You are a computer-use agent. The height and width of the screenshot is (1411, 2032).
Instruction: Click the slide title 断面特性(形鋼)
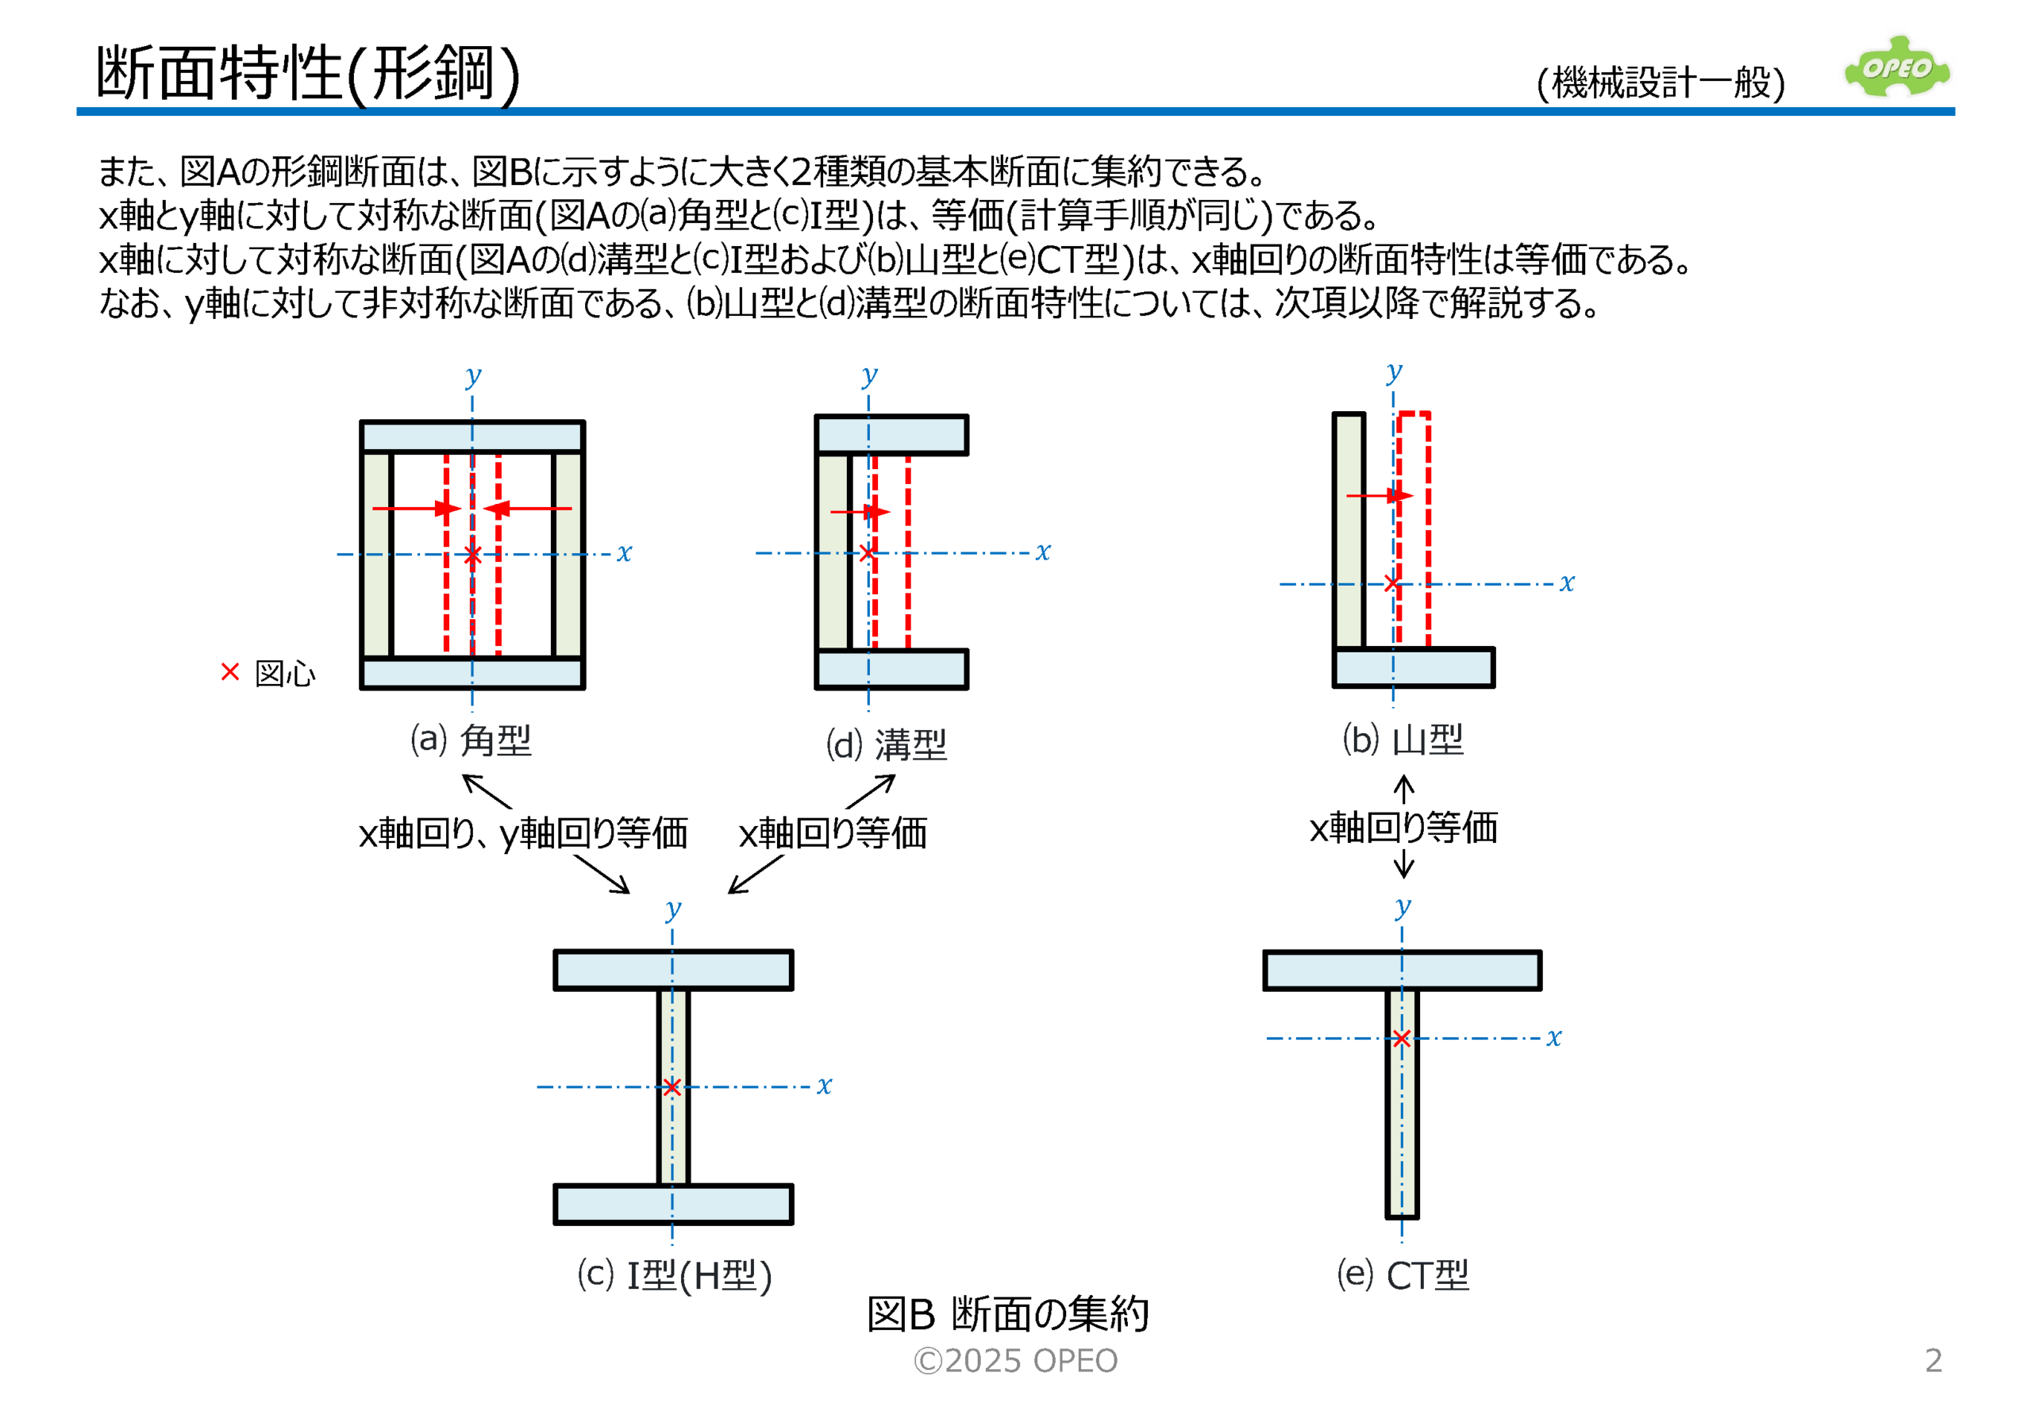coord(308,73)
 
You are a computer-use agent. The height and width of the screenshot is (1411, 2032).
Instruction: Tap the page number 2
coord(1934,1359)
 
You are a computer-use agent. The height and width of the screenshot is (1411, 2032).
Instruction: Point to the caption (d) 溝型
coord(886,744)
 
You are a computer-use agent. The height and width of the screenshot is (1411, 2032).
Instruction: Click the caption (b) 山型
coord(1403,739)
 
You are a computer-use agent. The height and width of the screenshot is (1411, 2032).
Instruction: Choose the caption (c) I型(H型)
coord(675,1275)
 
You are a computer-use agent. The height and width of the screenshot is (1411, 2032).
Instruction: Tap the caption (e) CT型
coord(1403,1275)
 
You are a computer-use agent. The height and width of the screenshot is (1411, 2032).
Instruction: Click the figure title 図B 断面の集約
coord(1007,1313)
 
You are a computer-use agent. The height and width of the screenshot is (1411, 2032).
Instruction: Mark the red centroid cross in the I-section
coord(672,1086)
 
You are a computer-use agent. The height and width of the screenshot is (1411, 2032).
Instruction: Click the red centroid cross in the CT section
coord(1402,1038)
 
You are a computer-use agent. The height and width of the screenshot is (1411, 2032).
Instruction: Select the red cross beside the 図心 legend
coord(230,672)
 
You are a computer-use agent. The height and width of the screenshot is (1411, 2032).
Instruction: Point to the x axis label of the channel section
coord(1044,552)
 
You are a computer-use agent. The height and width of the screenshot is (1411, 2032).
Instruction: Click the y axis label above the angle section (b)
coord(1395,371)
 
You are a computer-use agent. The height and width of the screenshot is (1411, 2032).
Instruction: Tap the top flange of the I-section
coord(673,970)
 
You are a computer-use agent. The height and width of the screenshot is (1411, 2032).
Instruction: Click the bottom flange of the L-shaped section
coord(1414,667)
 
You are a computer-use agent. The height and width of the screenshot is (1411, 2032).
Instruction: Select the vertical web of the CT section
coord(1402,1103)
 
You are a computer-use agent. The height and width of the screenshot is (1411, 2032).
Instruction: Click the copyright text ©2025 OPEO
coord(1015,1360)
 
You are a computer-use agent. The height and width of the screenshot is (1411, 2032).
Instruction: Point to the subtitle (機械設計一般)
coord(1661,83)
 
